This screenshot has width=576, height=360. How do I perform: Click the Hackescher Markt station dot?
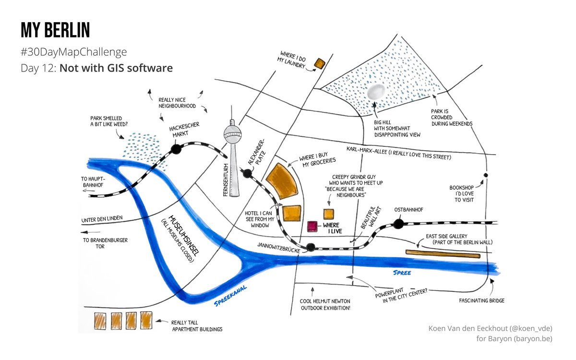click(176, 149)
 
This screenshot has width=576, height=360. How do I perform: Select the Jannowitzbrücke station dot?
click(311, 248)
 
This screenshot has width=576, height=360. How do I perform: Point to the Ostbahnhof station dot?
click(398, 223)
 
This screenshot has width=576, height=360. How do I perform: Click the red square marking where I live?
click(312, 226)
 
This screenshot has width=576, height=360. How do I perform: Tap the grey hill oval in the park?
click(375, 92)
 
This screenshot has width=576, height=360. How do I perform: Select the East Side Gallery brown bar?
click(443, 253)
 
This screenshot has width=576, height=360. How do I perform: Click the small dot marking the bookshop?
click(486, 175)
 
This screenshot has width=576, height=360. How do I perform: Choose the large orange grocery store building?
click(283, 180)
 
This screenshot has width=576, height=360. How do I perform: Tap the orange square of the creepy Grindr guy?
click(329, 214)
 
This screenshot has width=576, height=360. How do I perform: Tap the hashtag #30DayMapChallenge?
click(73, 51)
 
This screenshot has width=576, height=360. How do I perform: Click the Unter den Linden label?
click(102, 219)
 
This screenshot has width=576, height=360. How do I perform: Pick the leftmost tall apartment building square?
click(100, 320)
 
